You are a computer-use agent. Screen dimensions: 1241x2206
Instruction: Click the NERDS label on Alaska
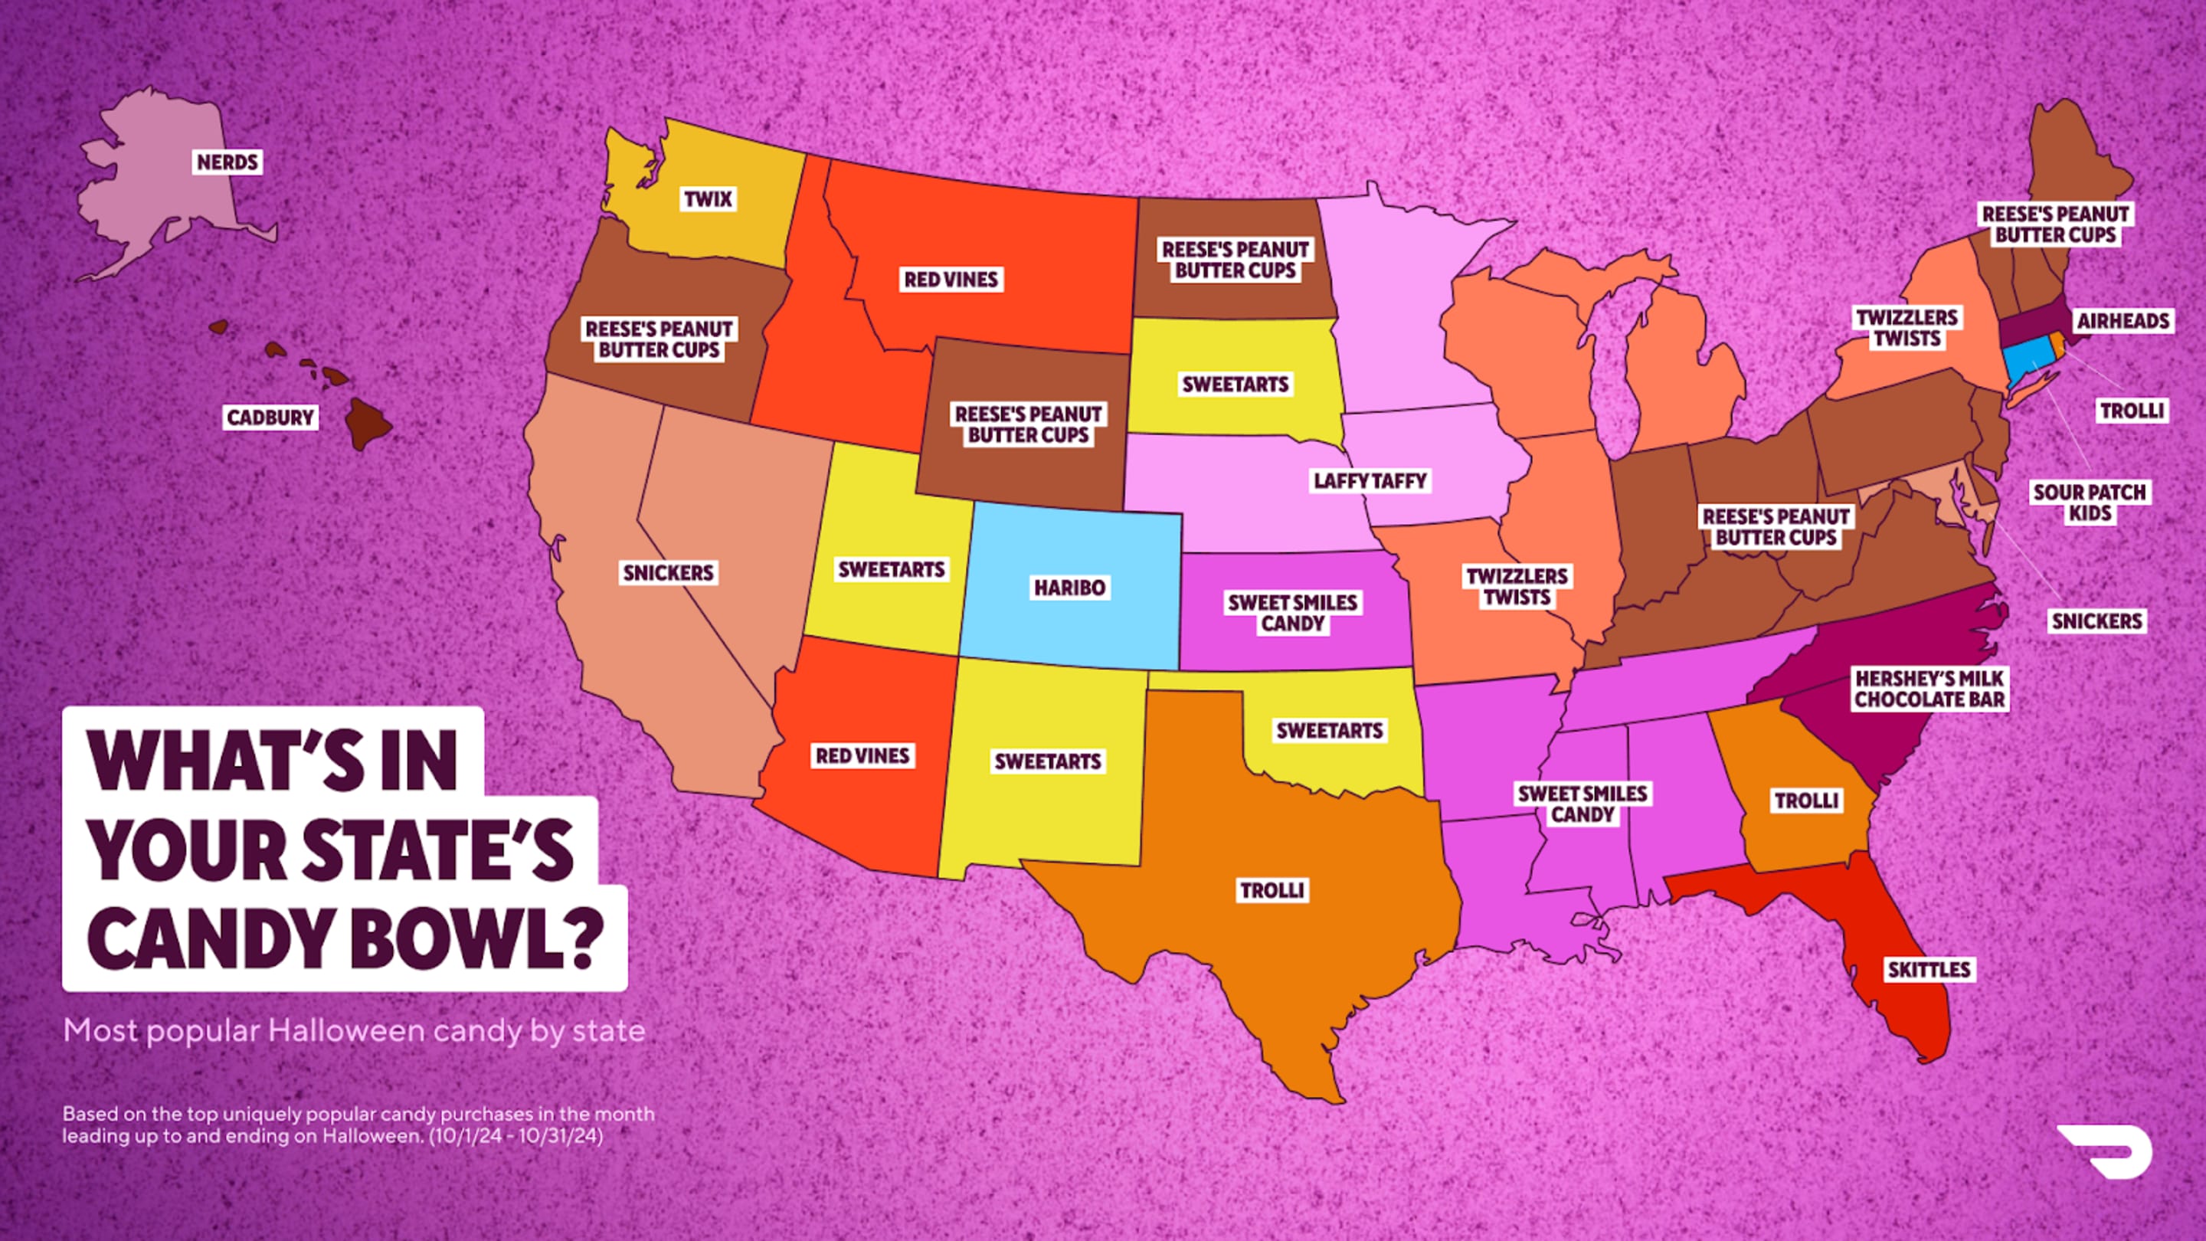pos(227,162)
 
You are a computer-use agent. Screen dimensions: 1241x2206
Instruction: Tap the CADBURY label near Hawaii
pos(270,417)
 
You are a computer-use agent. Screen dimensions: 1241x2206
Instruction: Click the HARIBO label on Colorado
pos(1069,588)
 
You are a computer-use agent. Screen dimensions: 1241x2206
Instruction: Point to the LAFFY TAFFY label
pos(1370,480)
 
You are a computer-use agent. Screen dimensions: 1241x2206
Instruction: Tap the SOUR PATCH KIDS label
pos(2090,503)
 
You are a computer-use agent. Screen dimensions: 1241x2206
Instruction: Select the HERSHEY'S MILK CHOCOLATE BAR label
pos(1929,689)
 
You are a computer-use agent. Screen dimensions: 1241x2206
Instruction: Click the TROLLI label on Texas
pos(1272,890)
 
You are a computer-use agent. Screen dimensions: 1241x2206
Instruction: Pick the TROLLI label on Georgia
pos(1806,801)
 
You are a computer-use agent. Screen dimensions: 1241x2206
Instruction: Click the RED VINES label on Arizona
pos(862,755)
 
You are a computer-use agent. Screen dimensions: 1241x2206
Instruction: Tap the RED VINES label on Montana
pos(951,279)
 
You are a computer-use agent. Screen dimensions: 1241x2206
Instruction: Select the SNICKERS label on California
pos(668,572)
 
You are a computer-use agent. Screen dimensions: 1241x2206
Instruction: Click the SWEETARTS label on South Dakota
pos(1235,384)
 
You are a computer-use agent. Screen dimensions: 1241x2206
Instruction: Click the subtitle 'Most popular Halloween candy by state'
pos(354,1030)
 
